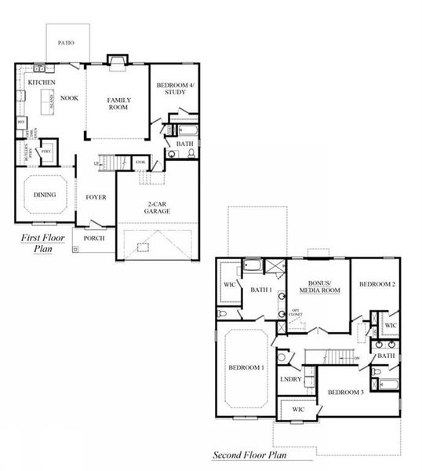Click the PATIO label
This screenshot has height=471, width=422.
66,42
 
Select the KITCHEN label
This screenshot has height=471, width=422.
40,82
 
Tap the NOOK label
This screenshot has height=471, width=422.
70,98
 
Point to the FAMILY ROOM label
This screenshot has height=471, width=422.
118,104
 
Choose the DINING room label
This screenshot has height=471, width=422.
44,195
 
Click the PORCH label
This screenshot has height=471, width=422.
94,238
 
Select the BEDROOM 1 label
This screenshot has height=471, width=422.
246,367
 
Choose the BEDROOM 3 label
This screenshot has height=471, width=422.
345,392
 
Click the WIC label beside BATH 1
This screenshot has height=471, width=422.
229,283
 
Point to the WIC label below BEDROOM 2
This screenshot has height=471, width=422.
390,324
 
